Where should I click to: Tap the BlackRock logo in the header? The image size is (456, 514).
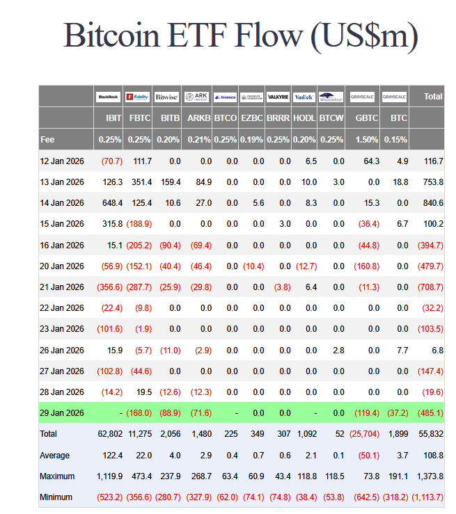pos(109,97)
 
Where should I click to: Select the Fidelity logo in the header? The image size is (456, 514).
pos(139,97)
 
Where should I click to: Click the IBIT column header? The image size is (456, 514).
pos(111,118)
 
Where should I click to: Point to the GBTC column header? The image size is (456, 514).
pos(366,118)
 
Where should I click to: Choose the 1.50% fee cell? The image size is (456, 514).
pos(368,139)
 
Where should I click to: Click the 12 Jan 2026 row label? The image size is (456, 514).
pos(62,161)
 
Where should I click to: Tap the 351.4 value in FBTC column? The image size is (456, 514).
pos(141,182)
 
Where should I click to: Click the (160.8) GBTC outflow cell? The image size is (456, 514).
pos(366,266)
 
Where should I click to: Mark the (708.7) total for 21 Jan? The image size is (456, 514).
pos(429,287)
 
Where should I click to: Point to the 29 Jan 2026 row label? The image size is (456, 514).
pos(62,413)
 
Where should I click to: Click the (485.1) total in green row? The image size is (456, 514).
pos(429,413)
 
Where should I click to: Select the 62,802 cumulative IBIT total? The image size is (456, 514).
pos(110,434)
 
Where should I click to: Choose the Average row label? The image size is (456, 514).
pos(55,455)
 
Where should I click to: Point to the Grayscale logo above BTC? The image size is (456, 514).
pos(394,97)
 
